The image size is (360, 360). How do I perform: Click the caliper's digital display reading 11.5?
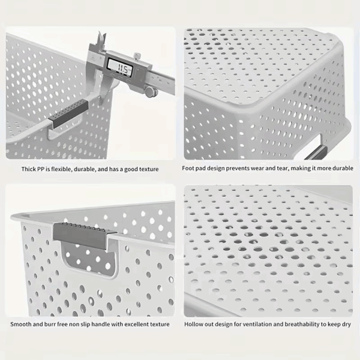120,67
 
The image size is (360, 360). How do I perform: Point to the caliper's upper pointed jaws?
101,38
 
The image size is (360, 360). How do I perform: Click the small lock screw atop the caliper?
137,56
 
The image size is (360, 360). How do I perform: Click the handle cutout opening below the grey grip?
90,259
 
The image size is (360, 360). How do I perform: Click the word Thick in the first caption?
28,169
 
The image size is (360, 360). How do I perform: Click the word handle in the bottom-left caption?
101,324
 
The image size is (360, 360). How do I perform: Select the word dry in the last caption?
346,325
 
